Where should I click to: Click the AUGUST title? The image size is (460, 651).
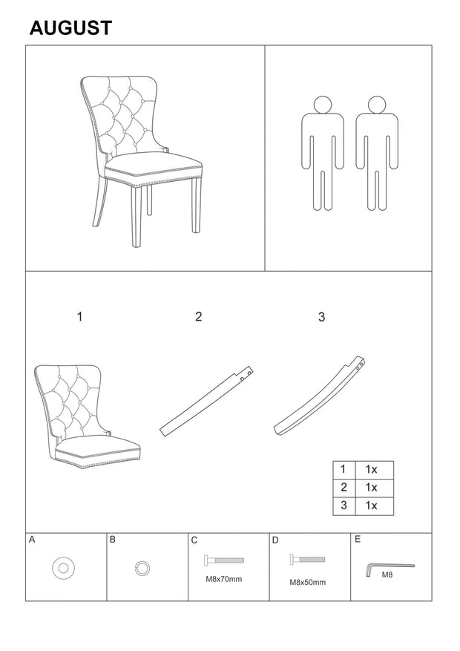tap(71, 27)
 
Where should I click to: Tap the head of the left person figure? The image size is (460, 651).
tap(323, 105)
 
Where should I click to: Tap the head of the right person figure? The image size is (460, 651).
tap(377, 105)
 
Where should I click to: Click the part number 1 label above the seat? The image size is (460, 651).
tap(79, 317)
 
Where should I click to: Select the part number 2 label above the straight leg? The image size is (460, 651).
tap(199, 317)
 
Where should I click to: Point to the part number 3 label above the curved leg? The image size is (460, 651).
tap(321, 317)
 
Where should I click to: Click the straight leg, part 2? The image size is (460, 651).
tap(206, 402)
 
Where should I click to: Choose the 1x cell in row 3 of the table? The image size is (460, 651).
tap(371, 506)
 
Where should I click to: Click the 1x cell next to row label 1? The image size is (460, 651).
tap(371, 470)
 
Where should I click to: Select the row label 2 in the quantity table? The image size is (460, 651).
tap(344, 487)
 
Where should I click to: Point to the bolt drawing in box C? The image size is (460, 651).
tap(223, 560)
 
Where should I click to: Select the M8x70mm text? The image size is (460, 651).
tap(223, 579)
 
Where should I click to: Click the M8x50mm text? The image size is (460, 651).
tap(307, 583)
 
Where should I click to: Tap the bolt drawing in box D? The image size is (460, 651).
tap(307, 559)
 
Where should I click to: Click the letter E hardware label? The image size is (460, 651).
tap(358, 540)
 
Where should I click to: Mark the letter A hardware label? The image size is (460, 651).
tap(32, 540)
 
